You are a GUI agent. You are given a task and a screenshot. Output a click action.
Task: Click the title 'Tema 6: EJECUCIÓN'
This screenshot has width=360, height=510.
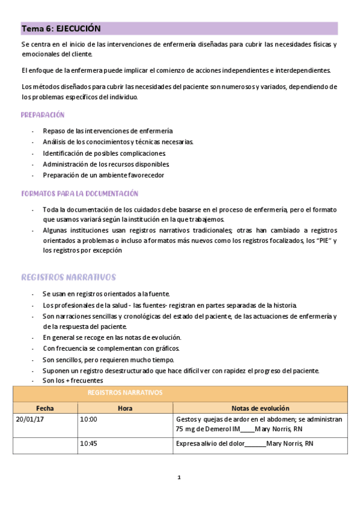[x=61, y=28]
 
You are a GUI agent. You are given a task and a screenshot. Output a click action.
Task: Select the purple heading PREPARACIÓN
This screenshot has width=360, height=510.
[x=43, y=115]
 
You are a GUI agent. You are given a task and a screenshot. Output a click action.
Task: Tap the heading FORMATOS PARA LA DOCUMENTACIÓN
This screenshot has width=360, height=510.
[x=79, y=194]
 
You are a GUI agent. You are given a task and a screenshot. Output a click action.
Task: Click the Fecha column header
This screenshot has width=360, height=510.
[x=45, y=407]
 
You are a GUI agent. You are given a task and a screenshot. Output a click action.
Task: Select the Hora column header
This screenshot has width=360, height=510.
[x=125, y=407]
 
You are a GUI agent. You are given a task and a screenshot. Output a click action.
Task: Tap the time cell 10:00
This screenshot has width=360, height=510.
[x=88, y=419]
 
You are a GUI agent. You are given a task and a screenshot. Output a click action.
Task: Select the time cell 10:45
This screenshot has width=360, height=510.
[x=88, y=444]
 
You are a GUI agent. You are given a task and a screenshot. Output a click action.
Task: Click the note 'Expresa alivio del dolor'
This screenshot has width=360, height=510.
[x=210, y=444]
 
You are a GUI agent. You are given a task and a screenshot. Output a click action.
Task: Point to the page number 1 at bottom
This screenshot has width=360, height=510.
[x=179, y=478]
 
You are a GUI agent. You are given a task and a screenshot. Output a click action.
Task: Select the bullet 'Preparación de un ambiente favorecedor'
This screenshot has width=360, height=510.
[x=103, y=175]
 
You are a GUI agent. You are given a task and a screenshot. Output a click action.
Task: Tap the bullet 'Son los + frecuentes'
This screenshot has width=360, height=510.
[x=73, y=381]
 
